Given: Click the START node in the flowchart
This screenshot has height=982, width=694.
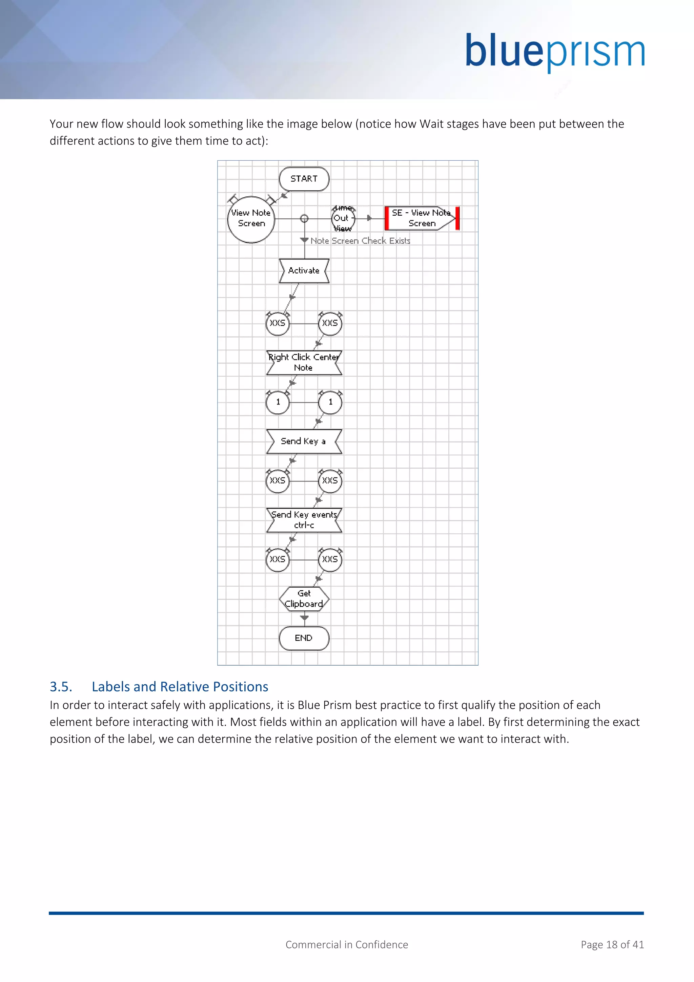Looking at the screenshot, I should (304, 179).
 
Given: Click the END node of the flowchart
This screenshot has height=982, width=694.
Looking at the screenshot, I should (304, 638).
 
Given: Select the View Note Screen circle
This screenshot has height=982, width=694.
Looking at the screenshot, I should (251, 219).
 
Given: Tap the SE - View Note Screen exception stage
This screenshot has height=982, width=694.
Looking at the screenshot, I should (421, 218).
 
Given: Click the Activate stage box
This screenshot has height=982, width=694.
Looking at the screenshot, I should (304, 271).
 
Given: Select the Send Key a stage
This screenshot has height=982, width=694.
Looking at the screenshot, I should (304, 441).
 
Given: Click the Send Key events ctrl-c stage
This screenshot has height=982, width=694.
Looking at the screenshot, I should (304, 520).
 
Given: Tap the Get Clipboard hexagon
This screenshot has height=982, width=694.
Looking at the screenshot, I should (304, 599).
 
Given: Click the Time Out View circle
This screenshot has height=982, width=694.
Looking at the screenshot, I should (343, 219).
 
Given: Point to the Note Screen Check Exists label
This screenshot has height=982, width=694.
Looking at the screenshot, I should (360, 241).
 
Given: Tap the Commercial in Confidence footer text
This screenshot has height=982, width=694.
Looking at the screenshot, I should (347, 945).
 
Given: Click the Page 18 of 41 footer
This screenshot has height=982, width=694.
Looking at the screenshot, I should (612, 945).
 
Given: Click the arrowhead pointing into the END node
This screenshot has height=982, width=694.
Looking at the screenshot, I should (304, 618).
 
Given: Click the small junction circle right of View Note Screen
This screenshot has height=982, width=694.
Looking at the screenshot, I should (304, 219).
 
